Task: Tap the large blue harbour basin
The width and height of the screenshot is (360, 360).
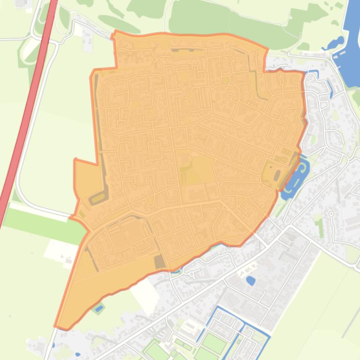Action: pos(353,42)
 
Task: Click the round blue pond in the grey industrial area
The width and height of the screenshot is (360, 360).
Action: pos(250,281)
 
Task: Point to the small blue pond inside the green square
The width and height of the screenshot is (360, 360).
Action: pos(98,309)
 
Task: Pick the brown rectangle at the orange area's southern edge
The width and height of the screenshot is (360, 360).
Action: pos(160,262)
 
